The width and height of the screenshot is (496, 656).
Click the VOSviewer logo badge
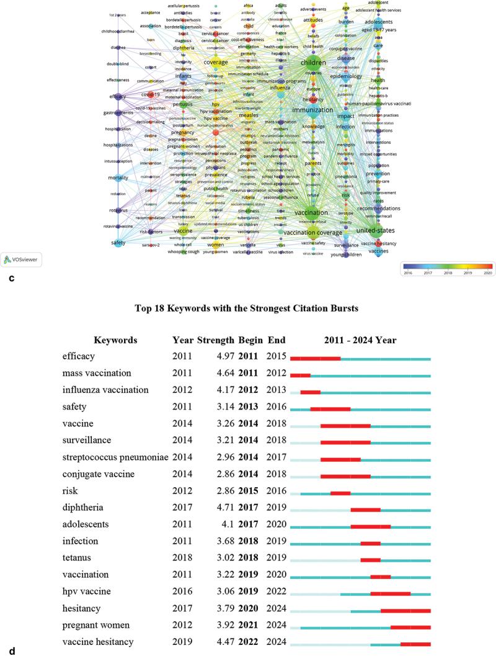click(20, 259)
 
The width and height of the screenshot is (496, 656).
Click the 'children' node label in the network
click(312, 63)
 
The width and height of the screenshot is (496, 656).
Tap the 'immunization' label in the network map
click(312, 110)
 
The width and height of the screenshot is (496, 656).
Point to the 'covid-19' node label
click(151, 94)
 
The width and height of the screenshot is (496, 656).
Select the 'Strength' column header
click(214, 340)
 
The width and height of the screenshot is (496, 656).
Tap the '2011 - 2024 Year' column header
click(360, 340)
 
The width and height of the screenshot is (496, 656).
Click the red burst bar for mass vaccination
click(300, 375)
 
